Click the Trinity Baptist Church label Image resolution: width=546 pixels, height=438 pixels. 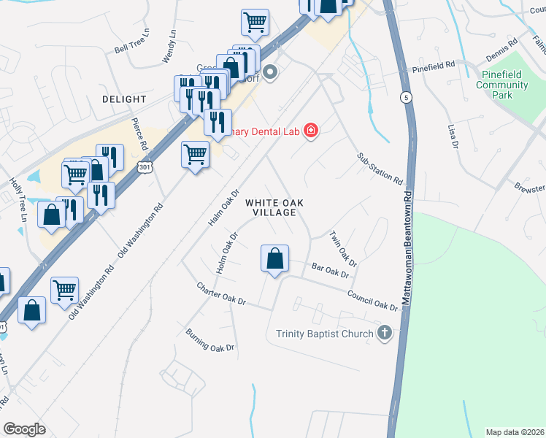pyautogui.click(x=326, y=334)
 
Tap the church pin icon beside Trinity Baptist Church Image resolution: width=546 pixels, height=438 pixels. pyautogui.click(x=385, y=334)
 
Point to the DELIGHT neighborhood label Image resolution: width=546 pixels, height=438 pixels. pyautogui.click(x=124, y=99)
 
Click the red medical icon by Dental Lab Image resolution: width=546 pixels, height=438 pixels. pyautogui.click(x=311, y=131)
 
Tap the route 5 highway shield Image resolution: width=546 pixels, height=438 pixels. pyautogui.click(x=406, y=97)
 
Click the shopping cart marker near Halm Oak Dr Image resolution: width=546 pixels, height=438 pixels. pyautogui.click(x=195, y=155)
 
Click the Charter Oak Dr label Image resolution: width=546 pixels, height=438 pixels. pyautogui.click(x=222, y=292)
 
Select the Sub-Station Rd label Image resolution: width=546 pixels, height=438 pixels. pyautogui.click(x=380, y=169)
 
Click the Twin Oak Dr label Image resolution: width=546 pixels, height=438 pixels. pyautogui.click(x=342, y=249)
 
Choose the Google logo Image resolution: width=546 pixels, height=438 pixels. pyautogui.click(x=24, y=429)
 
